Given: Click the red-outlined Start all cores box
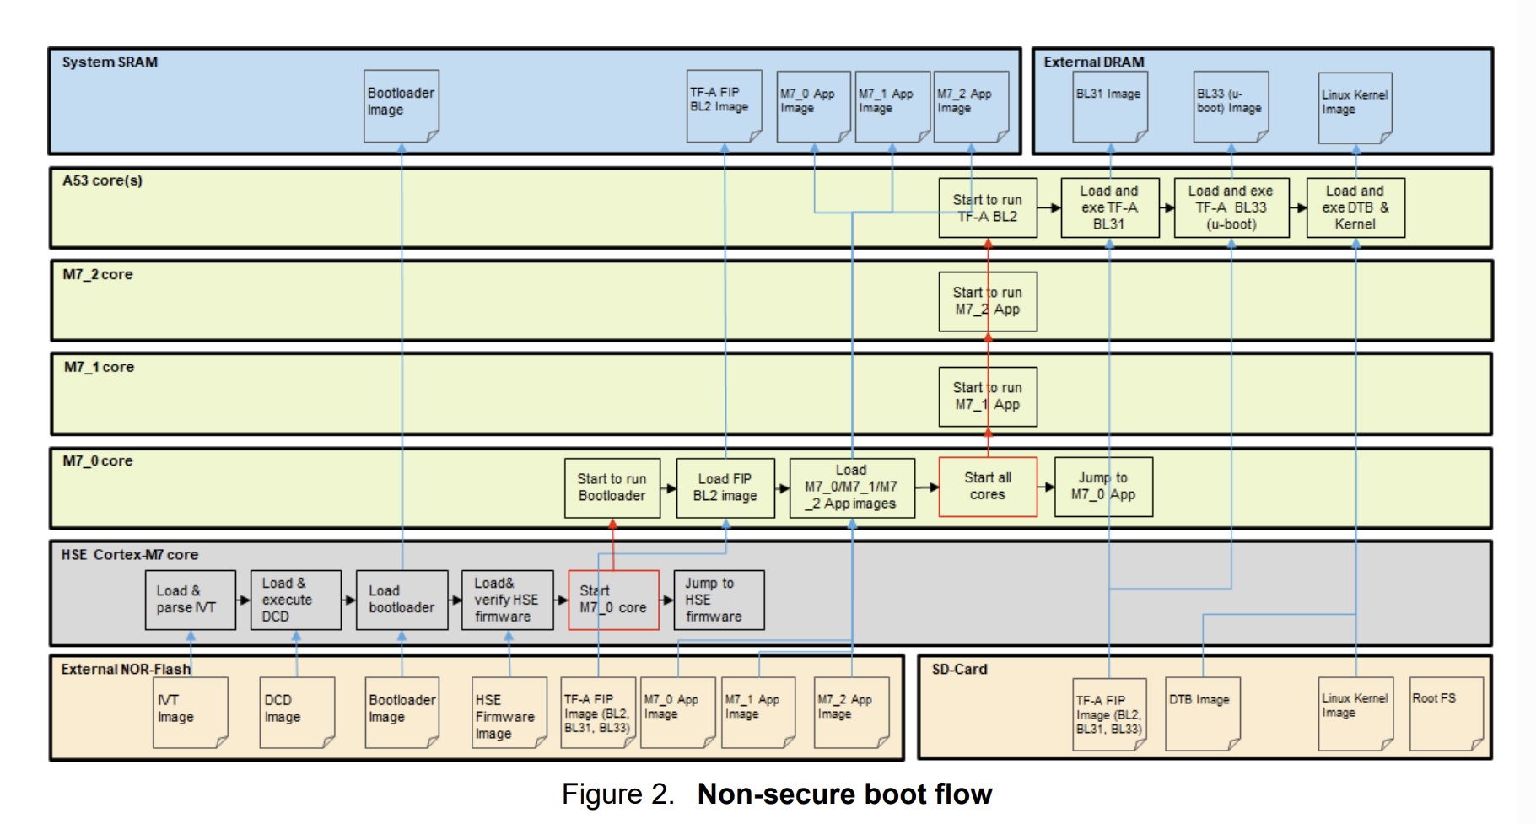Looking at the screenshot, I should tap(987, 487).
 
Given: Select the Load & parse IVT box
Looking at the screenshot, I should tap(190, 600).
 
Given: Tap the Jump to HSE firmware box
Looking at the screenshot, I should tap(719, 600).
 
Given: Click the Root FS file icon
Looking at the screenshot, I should tap(1446, 714).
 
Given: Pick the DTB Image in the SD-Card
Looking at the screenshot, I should tap(1202, 714).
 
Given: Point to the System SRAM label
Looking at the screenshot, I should tap(110, 62).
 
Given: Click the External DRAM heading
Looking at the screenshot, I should tap(1093, 62).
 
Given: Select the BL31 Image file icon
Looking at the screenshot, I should tap(1109, 106).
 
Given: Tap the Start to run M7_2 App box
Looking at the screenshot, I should tap(987, 301).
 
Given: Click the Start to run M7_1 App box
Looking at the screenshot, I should tap(987, 396).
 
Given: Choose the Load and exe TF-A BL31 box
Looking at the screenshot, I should tap(1108, 207).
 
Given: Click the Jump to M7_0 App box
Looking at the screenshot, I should tap(1102, 487).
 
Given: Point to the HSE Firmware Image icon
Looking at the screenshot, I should tap(509, 714).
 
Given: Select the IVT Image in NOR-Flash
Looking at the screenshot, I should tap(190, 714).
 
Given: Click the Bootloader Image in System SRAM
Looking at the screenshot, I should tap(402, 106).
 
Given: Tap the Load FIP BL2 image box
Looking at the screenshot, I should tap(725, 487).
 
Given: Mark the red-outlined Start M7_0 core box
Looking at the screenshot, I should tap(613, 600).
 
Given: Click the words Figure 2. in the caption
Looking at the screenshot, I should tap(617, 794).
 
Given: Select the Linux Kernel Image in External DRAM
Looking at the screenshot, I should tap(1355, 107).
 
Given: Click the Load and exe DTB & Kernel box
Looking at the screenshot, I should tap(1355, 207).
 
